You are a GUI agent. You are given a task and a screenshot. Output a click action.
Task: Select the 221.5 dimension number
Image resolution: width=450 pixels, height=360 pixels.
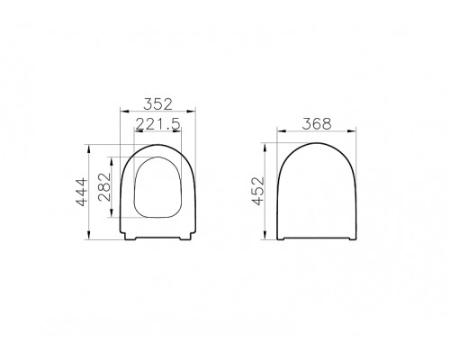click(x=157, y=124)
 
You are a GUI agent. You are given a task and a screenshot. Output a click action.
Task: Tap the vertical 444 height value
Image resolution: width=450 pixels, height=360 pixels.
click(x=81, y=191)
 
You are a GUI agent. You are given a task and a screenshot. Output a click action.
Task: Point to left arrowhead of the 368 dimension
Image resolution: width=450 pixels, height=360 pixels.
click(x=276, y=133)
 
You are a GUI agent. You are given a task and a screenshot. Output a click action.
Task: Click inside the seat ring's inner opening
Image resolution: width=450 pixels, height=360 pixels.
click(x=157, y=189)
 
